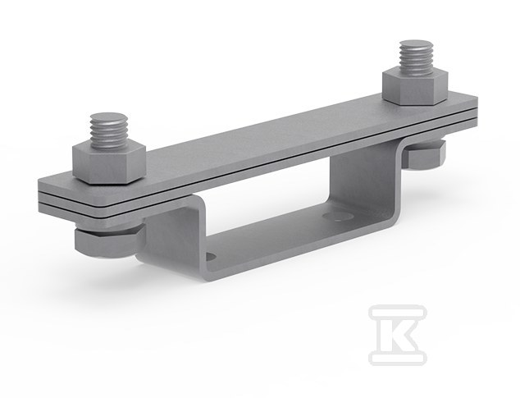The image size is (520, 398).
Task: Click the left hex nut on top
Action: click(109, 163)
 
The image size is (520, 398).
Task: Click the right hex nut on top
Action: click(415, 86)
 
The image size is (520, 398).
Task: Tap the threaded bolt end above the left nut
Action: click(109, 130)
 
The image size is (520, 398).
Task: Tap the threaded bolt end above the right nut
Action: click(416, 57)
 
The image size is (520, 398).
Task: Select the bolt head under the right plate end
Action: click(425, 155)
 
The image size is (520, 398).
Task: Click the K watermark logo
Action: click(398, 336)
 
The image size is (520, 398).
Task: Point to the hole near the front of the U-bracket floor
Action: click(211, 256)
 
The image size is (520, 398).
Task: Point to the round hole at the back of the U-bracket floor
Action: click(338, 217)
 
